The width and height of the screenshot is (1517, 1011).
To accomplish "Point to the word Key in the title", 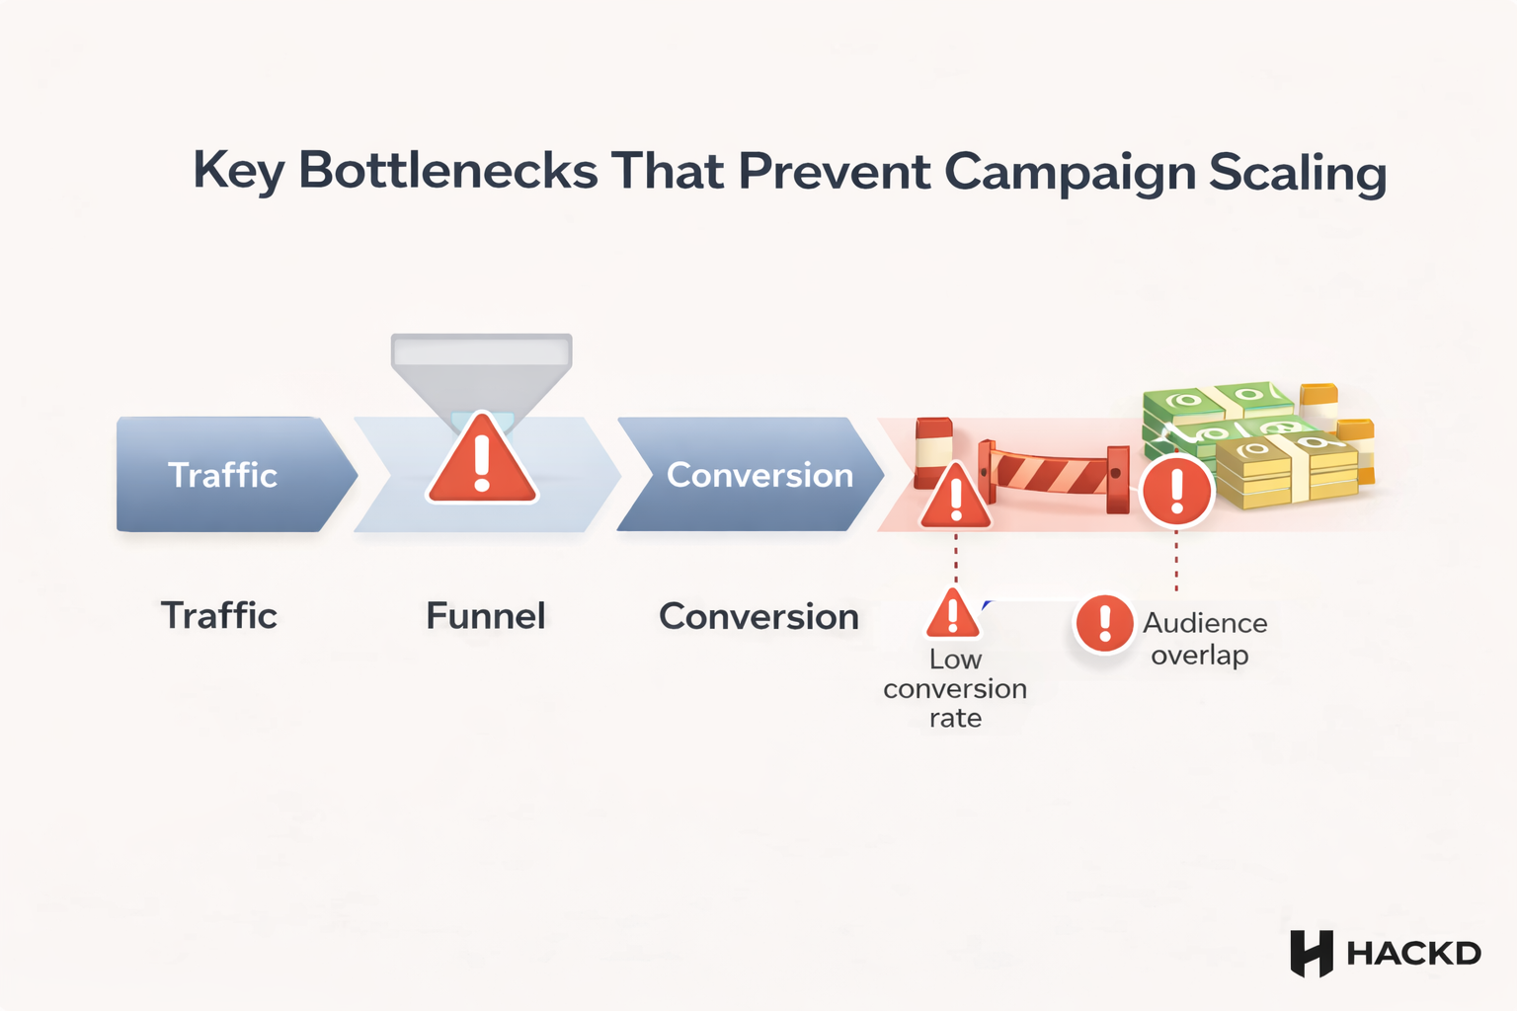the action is pyautogui.click(x=238, y=172).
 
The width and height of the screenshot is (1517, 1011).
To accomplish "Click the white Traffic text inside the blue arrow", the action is pyautogui.click(x=222, y=475).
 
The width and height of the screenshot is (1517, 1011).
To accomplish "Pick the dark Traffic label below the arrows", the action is pyautogui.click(x=218, y=615).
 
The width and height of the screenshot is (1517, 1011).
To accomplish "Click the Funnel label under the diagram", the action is pyautogui.click(x=485, y=616).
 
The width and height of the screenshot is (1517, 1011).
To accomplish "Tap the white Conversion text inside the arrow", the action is pyautogui.click(x=759, y=475).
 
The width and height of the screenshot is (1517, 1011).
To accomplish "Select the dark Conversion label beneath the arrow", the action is pyautogui.click(x=758, y=616).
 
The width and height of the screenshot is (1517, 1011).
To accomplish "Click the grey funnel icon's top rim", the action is pyautogui.click(x=482, y=350).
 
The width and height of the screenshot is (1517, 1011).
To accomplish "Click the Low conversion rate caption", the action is pyautogui.click(x=955, y=688).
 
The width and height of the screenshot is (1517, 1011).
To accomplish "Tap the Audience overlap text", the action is pyautogui.click(x=1204, y=639).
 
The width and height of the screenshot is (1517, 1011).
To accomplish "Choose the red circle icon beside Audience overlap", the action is pyautogui.click(x=1104, y=623).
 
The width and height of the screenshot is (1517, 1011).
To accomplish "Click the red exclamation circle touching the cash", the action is pyautogui.click(x=1176, y=490).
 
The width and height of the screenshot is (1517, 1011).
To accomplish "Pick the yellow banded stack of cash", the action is pyautogui.click(x=1285, y=470).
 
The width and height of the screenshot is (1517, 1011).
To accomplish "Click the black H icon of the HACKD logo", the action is pyautogui.click(x=1312, y=954).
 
